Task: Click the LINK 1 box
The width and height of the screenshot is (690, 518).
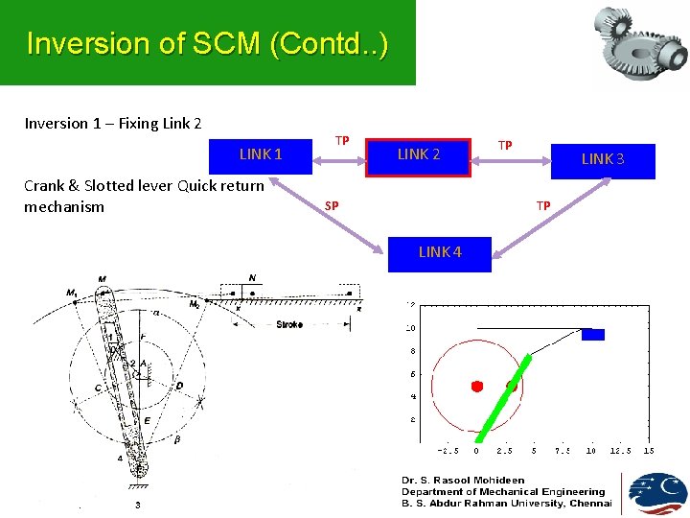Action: (x=261, y=154)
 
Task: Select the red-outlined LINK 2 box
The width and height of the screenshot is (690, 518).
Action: (x=419, y=154)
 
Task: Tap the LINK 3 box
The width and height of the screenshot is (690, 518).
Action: (x=603, y=159)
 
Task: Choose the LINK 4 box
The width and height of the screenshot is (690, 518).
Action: (x=439, y=252)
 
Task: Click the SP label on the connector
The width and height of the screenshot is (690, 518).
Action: (x=331, y=205)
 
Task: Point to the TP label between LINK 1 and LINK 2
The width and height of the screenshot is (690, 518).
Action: (x=341, y=141)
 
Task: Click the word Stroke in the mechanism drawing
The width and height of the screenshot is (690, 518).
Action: (x=289, y=324)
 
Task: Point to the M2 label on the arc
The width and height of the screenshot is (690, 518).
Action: (x=195, y=303)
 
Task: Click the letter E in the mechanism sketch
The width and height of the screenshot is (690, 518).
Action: (x=146, y=420)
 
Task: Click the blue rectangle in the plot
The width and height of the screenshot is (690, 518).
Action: (x=593, y=334)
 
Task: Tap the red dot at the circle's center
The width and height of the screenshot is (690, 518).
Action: (x=476, y=386)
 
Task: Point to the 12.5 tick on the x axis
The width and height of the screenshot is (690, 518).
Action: (x=620, y=451)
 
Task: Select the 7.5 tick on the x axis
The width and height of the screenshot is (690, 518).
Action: (x=562, y=451)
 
